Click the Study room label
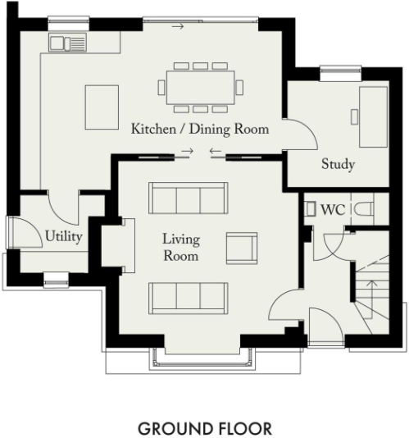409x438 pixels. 338,164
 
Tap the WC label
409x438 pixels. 333,209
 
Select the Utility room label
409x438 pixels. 64,236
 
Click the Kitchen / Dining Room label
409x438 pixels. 200,129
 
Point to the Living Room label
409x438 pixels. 181,248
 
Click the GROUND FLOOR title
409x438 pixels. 205,428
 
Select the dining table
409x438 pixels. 201,88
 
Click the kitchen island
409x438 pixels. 102,107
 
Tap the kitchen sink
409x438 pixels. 67,43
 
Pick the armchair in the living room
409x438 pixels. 242,248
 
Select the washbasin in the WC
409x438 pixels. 310,208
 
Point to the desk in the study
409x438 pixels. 373,116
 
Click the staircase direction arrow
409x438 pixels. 372,299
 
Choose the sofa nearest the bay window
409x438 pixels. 189,298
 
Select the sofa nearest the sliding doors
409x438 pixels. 189,198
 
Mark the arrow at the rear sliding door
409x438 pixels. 178,26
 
